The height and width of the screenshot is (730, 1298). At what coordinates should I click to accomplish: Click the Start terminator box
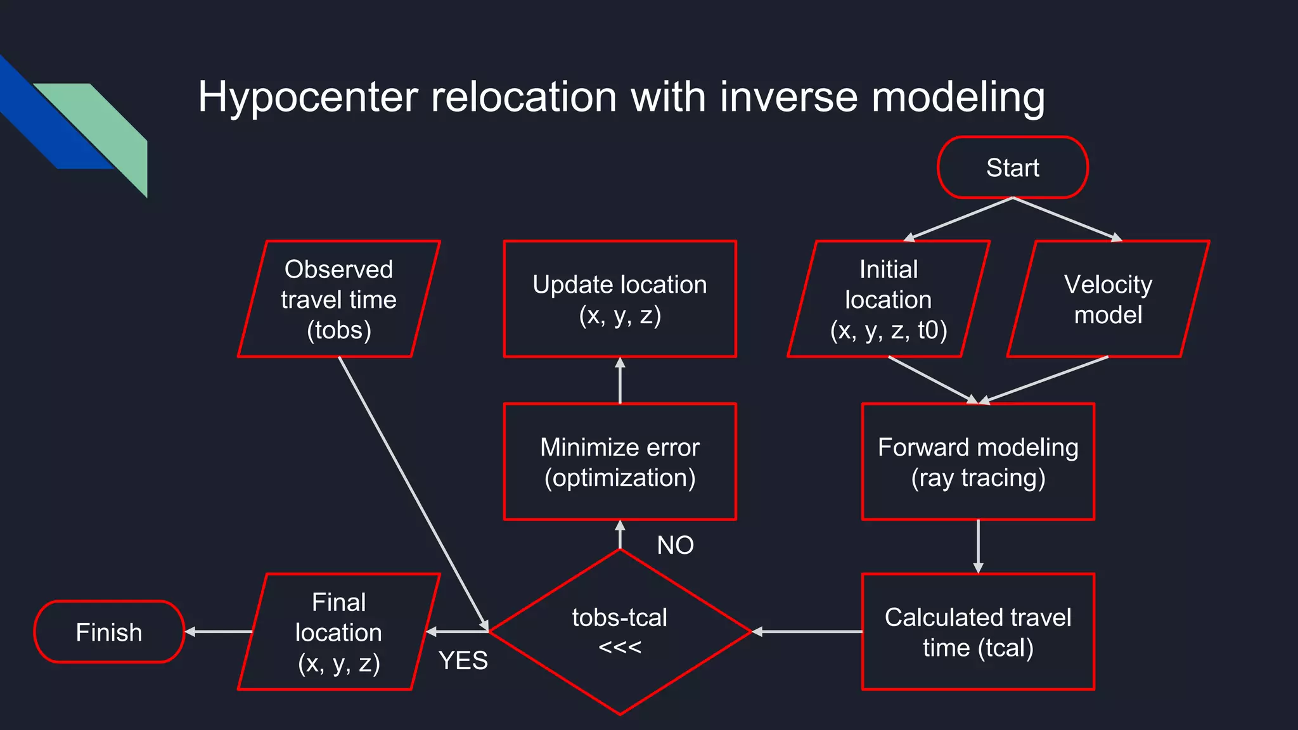point(1012,168)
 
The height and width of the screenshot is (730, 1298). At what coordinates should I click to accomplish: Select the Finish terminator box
point(109,632)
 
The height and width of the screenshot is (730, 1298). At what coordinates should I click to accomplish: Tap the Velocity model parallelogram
point(1108,299)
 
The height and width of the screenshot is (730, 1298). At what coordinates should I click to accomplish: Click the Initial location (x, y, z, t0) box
point(888,299)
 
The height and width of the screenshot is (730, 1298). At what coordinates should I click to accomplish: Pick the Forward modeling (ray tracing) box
point(978,462)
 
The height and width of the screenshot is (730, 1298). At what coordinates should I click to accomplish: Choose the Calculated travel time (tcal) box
point(978,632)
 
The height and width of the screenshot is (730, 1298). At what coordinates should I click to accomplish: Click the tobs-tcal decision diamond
point(620,632)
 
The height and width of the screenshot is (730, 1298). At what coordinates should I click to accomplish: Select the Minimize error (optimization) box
point(620,462)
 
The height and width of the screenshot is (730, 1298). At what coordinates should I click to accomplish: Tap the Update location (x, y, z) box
point(620,299)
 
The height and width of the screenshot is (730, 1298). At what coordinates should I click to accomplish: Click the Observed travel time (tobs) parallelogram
point(338,299)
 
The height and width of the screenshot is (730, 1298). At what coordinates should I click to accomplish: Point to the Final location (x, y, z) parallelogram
point(338,632)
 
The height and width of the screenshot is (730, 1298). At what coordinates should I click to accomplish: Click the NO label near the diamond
point(675,545)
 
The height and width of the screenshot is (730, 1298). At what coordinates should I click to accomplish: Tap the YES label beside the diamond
point(463,661)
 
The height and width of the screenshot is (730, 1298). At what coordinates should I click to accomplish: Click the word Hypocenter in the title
point(308,97)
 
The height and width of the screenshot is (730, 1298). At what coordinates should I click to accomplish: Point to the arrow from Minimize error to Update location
point(620,381)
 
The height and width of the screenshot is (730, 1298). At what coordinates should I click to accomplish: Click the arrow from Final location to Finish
point(219,632)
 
